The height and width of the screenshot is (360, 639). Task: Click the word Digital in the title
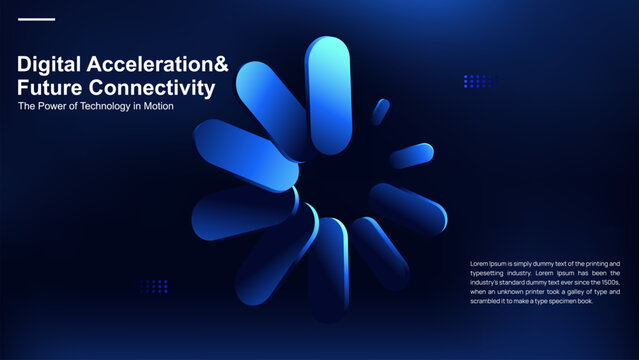49,65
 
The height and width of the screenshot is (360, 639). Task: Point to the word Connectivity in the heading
152,88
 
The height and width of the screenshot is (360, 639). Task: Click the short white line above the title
37,19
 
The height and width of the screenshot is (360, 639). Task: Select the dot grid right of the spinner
480,81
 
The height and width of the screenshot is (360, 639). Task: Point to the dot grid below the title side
154,286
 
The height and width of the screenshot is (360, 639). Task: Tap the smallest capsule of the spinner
380,111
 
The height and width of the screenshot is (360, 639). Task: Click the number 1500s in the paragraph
606,282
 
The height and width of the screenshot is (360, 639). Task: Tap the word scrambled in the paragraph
488,301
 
